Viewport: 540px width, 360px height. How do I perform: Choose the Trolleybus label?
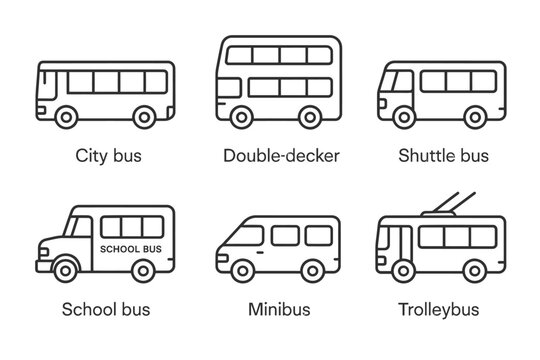[441, 310]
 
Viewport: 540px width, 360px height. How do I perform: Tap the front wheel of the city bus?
[66, 118]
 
